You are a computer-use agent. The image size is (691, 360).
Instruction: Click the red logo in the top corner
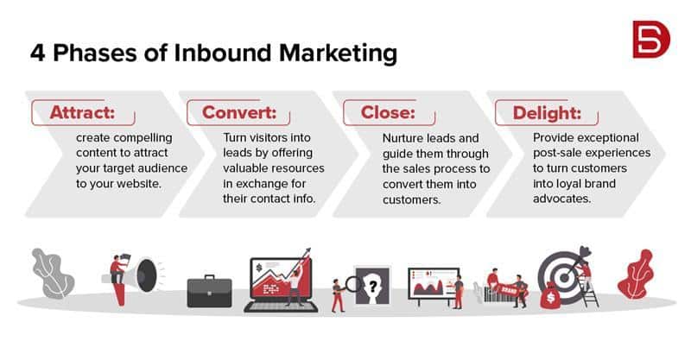651,39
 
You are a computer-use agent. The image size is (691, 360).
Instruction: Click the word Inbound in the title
222,53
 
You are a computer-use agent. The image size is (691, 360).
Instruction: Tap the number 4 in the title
37,53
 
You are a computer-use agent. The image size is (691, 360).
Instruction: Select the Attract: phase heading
82,112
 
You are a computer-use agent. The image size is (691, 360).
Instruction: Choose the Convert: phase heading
239,112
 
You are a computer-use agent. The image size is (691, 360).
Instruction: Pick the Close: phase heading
388,112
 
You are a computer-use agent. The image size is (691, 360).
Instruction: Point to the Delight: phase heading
547,113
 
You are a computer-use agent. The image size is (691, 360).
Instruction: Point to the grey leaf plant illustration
53,273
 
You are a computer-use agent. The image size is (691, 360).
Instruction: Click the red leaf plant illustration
636,274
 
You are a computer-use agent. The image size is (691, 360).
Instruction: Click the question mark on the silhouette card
373,287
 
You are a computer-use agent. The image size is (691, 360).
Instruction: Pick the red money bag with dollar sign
550,296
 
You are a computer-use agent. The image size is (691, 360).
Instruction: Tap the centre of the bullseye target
564,278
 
